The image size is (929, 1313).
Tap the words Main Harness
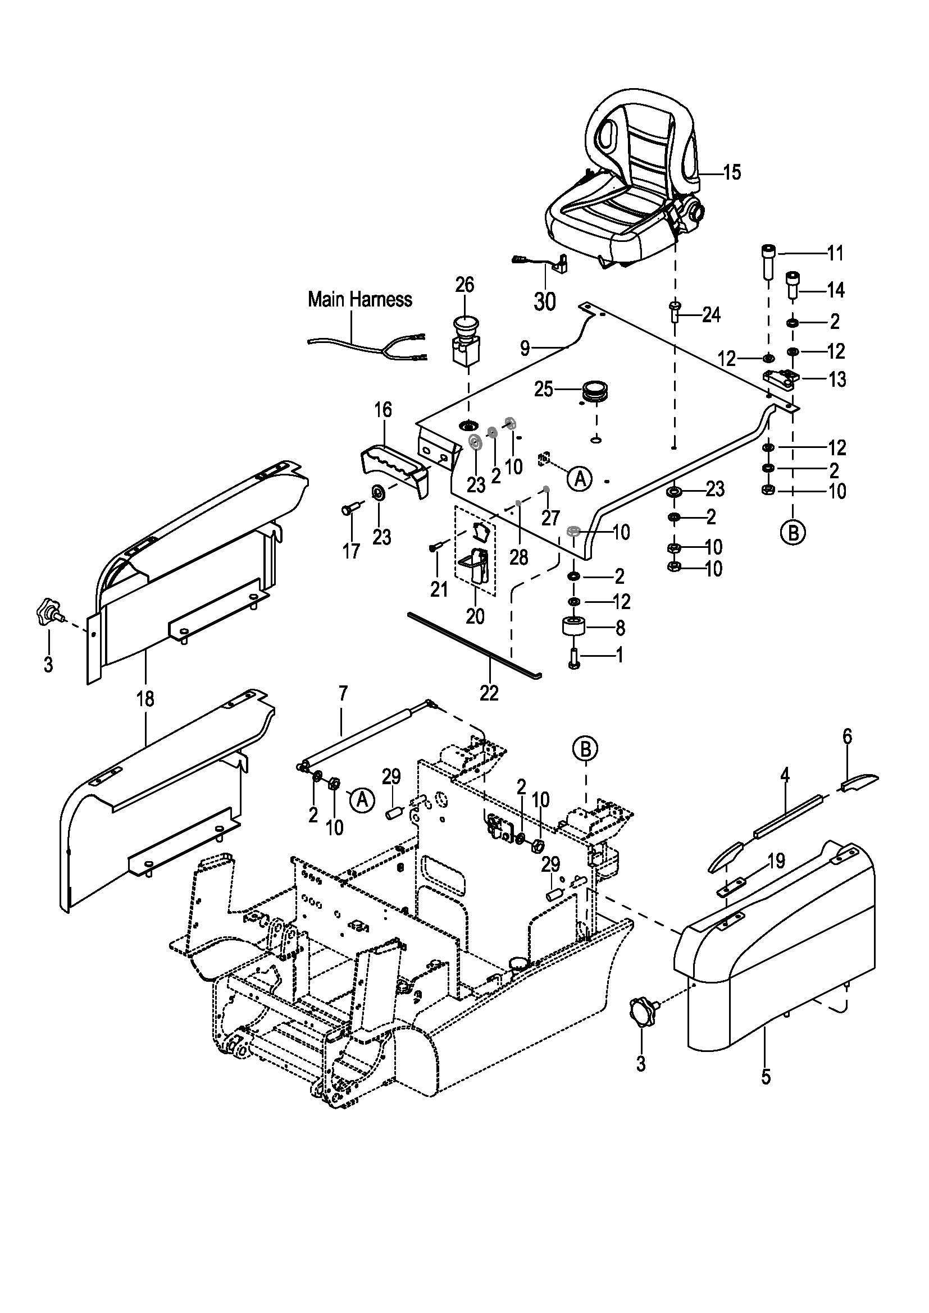pos(360,299)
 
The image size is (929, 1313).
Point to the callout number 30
pos(545,301)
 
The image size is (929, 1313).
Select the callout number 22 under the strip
pos(489,693)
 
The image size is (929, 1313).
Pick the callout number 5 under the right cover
pos(766,1077)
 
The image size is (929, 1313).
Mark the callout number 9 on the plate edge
pos(525,347)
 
